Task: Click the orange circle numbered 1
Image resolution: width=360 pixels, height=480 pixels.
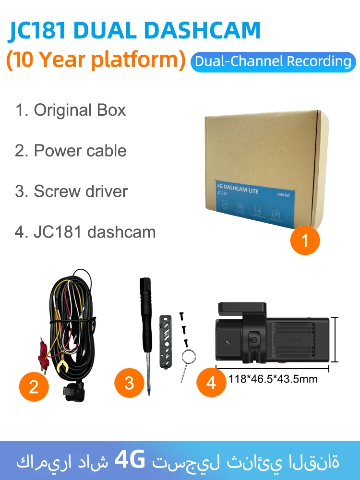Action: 305,240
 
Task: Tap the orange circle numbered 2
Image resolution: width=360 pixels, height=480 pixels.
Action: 34,386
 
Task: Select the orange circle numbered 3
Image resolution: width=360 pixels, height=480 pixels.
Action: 129,383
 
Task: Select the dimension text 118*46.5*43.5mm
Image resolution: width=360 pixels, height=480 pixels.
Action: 273,379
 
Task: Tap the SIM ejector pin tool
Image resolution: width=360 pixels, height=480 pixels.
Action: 186,364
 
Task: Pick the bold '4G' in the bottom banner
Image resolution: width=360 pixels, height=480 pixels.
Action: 130,461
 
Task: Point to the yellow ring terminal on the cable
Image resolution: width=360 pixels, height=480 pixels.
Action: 62,368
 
